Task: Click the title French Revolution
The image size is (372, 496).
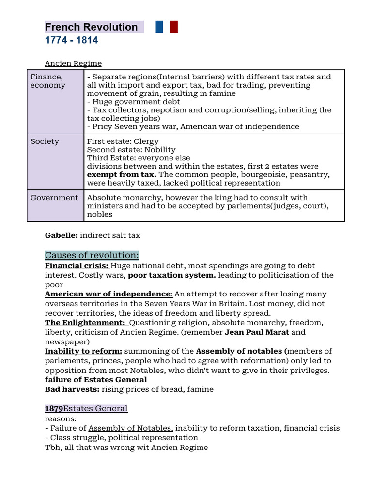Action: tap(92, 27)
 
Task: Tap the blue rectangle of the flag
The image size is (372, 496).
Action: tap(159, 27)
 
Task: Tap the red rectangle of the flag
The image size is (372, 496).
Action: tap(174, 27)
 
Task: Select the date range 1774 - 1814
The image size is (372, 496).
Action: tap(71, 40)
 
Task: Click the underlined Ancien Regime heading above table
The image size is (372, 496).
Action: tap(73, 63)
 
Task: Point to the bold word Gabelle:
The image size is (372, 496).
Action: tap(62, 235)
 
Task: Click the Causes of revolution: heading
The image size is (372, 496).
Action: tap(92, 255)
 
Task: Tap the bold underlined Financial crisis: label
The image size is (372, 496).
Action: tap(77, 266)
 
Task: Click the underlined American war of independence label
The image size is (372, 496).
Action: tap(108, 294)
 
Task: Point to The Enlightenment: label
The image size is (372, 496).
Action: tap(85, 323)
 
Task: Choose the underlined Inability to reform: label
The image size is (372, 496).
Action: tap(83, 351)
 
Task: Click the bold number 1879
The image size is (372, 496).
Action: tap(54, 409)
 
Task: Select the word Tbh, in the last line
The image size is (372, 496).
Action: tap(53, 448)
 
